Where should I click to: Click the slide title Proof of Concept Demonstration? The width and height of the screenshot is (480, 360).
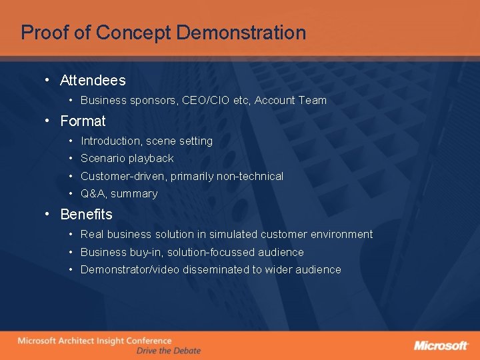point(163,33)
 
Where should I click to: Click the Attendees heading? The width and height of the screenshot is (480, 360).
point(93,81)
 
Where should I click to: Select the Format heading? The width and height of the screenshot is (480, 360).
point(83,121)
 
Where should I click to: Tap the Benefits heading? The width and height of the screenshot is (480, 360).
point(86,215)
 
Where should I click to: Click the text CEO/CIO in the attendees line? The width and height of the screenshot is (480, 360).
point(206,101)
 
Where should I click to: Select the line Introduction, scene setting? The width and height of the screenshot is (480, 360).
point(147,141)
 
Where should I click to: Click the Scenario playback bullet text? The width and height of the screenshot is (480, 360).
point(127,159)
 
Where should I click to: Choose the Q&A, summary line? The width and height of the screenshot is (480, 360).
point(119,194)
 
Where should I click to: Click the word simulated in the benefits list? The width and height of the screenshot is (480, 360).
point(233,235)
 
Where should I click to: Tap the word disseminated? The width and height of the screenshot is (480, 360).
point(211,270)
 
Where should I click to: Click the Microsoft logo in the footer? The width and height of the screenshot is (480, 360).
point(441,345)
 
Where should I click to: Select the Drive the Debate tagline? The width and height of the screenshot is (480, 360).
point(168,351)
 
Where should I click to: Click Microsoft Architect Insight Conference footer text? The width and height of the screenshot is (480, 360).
point(95,341)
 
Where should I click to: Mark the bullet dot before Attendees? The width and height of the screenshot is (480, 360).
point(48,81)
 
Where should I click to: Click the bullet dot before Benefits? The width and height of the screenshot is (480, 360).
point(48,215)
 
